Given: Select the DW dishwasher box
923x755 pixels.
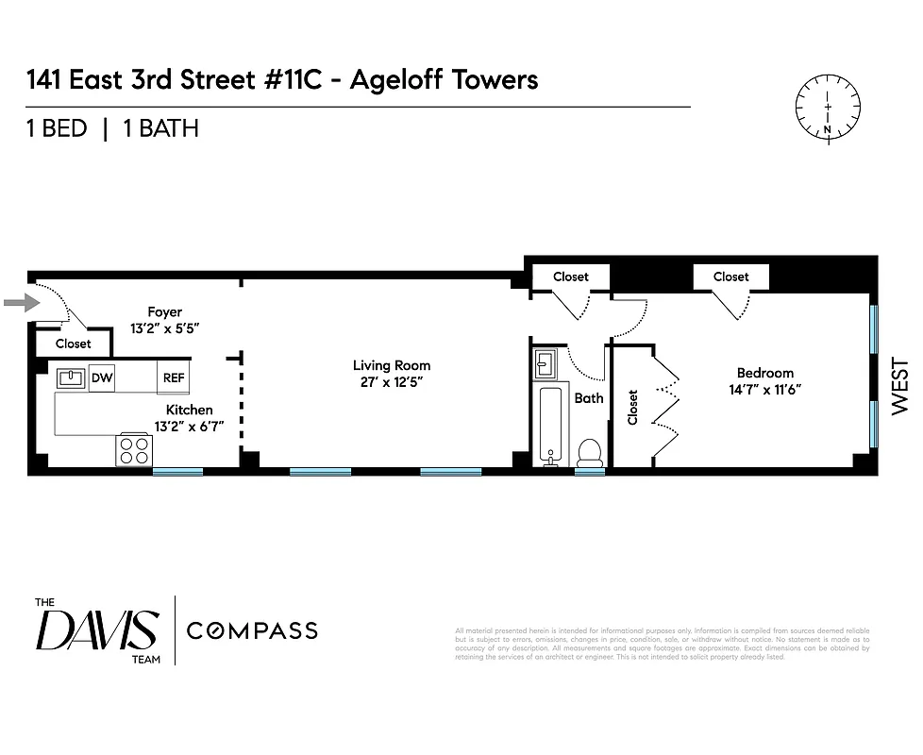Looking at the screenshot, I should (x=102, y=378).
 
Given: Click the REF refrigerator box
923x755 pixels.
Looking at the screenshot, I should (x=174, y=378).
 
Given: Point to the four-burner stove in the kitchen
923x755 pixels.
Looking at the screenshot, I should (x=134, y=450).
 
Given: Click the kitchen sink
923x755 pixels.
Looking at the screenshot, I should (x=71, y=378).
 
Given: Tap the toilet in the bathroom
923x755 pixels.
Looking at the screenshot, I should (x=589, y=451).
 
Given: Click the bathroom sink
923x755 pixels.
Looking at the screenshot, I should (x=546, y=363).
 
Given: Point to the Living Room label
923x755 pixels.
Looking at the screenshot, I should (x=392, y=365).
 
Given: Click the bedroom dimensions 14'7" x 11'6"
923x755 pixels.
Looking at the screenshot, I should (x=764, y=389).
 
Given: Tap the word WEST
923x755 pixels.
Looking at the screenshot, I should (x=899, y=385).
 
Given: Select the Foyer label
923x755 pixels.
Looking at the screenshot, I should (x=164, y=311).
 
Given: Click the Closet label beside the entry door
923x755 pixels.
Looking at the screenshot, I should (x=74, y=344).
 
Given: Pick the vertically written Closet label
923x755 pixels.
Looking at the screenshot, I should (x=632, y=408).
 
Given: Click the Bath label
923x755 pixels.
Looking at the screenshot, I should (x=589, y=398).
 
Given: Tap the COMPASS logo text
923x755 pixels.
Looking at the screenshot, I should (x=252, y=630).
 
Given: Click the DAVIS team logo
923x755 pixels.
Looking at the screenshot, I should (x=96, y=630).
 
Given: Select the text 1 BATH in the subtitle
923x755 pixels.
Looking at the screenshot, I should (x=159, y=128).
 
